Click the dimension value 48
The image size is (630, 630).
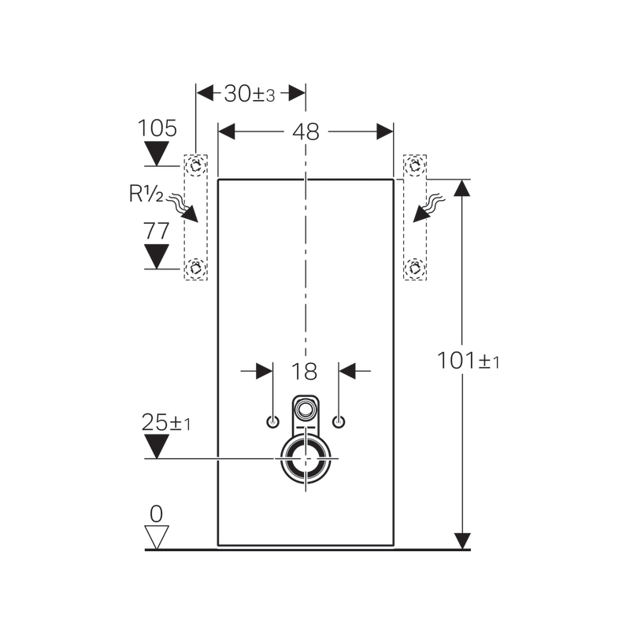[x=306, y=132]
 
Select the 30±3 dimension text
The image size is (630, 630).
[x=249, y=94]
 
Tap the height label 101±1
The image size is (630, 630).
[x=469, y=361]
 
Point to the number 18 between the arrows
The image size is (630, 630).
[x=306, y=372]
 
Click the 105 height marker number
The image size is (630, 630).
[x=157, y=128]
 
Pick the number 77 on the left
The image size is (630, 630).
[x=157, y=231]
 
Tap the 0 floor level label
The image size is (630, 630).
[x=156, y=513]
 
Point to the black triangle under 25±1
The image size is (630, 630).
[x=157, y=447]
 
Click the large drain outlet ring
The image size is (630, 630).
[x=303, y=458]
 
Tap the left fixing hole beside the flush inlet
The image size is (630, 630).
[x=272, y=421]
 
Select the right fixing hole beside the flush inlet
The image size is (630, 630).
[x=339, y=421]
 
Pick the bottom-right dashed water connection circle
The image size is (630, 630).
[x=414, y=268]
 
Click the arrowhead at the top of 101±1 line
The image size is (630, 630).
[x=462, y=188]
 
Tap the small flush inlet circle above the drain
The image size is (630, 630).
[x=305, y=409]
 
